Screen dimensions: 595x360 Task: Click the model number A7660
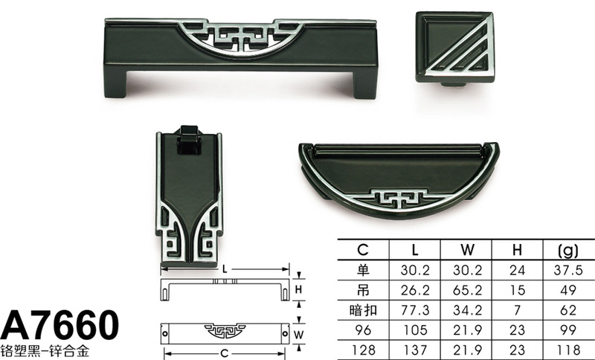point(60,325)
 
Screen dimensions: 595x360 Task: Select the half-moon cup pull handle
point(399,180)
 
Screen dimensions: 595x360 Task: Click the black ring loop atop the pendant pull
point(189,140)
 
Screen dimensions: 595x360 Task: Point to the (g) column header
point(568,250)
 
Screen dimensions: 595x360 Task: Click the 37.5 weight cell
point(568,270)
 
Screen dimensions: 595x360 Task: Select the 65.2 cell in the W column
point(468,290)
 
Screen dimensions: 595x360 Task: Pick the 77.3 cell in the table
point(415,310)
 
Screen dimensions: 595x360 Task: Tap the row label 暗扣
point(363,310)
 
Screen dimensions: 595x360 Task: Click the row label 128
point(363,350)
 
